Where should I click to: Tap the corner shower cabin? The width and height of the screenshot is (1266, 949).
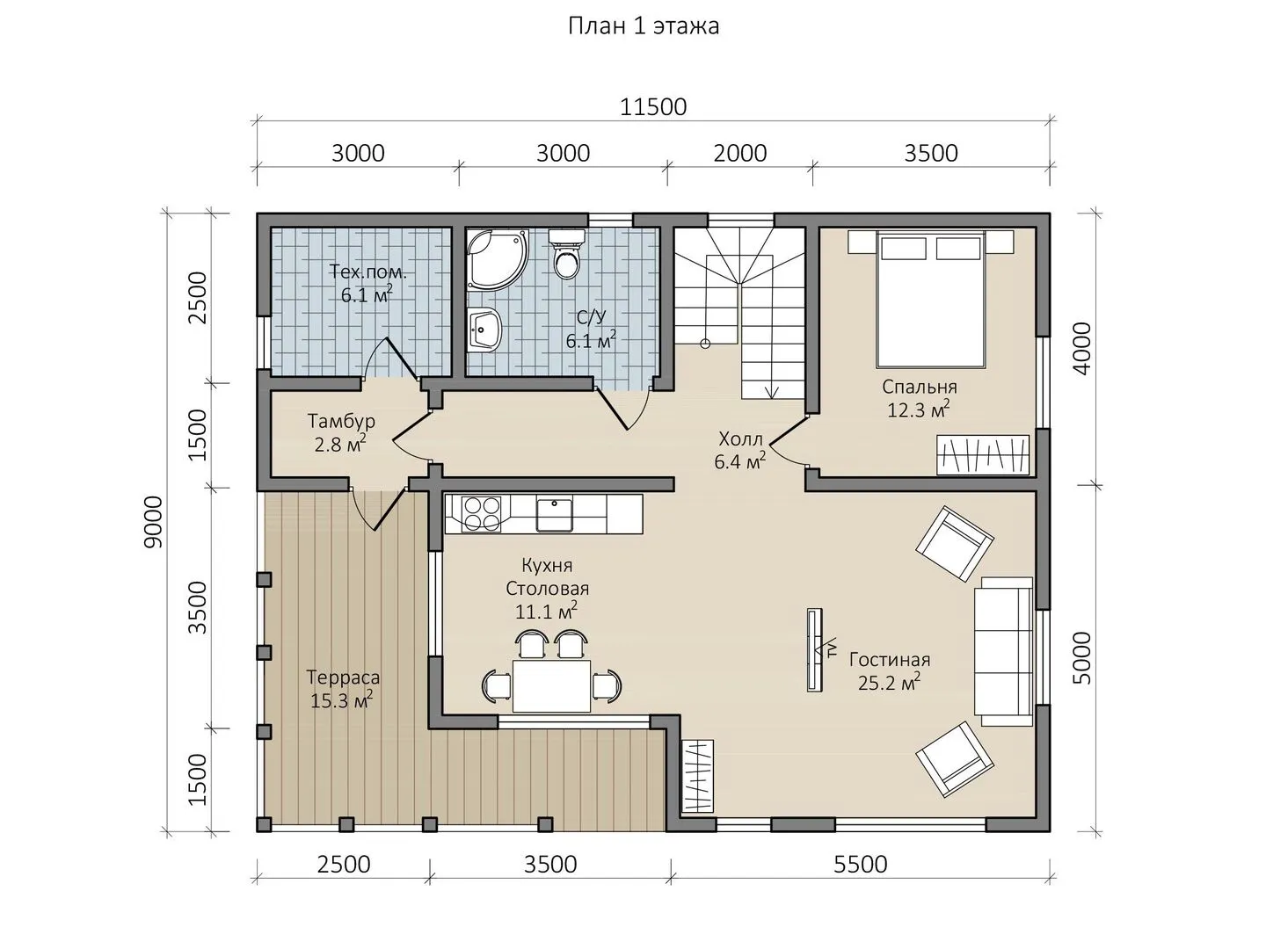tap(497, 258)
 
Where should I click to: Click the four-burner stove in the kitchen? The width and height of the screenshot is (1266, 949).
tap(482, 513)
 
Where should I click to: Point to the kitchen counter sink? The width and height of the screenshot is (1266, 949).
tap(554, 515)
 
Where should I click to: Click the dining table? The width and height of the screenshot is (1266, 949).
tap(552, 685)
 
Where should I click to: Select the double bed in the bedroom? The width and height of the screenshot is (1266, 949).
tap(930, 299)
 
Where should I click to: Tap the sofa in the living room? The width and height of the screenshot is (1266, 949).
tap(1003, 651)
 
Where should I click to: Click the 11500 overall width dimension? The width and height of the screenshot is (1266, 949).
tap(653, 107)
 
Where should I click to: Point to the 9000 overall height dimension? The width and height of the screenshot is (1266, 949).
tap(155, 522)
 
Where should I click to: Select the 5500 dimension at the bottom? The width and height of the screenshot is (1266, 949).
tap(860, 865)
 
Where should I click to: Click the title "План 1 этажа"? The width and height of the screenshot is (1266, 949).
tap(644, 26)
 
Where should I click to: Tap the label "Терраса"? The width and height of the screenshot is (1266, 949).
tap(343, 677)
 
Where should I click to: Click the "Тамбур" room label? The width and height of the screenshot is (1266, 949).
tap(341, 421)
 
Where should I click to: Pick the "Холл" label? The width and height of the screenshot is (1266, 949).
tap(740, 439)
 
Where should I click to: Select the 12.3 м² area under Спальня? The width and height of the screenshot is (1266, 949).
tap(918, 409)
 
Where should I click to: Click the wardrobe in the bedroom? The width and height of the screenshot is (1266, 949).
tap(983, 455)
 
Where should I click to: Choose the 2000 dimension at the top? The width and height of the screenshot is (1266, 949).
tap(740, 153)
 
